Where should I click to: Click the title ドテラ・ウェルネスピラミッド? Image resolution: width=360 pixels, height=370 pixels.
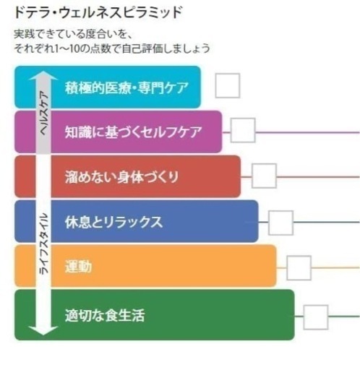pyautogui.click(x=98, y=12)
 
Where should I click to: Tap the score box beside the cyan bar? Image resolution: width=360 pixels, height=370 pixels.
pyautogui.click(x=228, y=85)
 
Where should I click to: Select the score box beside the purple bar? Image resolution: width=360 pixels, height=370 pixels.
pyautogui.click(x=243, y=130)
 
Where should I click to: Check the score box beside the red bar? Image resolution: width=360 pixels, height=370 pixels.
pyautogui.click(x=264, y=176)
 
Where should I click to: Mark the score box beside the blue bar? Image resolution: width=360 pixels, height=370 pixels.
pyautogui.click(x=280, y=223)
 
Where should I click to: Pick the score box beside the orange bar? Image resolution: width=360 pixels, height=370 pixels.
pyautogui.click(x=299, y=268)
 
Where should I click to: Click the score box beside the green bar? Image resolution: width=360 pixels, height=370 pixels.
pyautogui.click(x=316, y=317)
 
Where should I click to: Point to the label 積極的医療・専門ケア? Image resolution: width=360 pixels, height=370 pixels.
pyautogui.click(x=127, y=87)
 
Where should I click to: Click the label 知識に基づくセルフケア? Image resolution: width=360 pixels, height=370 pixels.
pyautogui.click(x=133, y=132)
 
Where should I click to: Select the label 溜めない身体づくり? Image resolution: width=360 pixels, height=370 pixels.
pyautogui.click(x=121, y=177)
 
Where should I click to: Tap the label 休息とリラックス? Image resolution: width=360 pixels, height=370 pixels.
pyautogui.click(x=113, y=222)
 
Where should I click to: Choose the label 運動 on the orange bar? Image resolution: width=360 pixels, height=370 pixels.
pyautogui.click(x=78, y=267)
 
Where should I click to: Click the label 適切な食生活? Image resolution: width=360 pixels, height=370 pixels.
pyautogui.click(x=105, y=315)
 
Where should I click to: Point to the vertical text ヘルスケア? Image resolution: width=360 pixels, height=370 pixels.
pyautogui.click(x=44, y=113)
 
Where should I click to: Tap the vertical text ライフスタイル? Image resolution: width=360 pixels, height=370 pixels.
pyautogui.click(x=44, y=244)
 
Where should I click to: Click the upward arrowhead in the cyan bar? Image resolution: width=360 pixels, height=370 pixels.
pyautogui.click(x=43, y=76)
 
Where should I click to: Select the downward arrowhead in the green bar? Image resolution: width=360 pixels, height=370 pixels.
pyautogui.click(x=43, y=330)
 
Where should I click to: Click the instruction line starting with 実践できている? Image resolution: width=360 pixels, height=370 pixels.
pyautogui.click(x=73, y=34)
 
